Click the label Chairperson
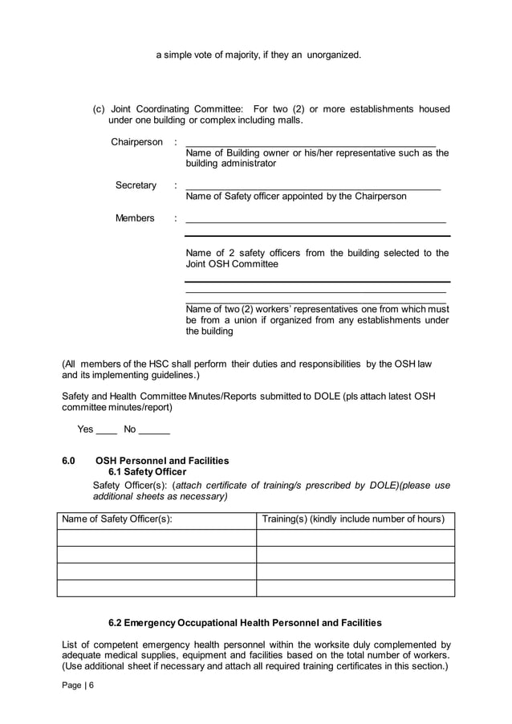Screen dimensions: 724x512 coord(136,143)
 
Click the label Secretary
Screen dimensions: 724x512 coord(136,185)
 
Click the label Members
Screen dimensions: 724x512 coord(135,218)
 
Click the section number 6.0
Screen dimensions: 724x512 coord(68,461)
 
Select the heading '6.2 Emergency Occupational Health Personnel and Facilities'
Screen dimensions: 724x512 coord(245,623)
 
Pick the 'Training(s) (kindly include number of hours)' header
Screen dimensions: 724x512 coord(353,519)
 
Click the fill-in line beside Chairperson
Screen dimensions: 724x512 coord(310,144)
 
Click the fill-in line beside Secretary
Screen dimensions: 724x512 coord(312,187)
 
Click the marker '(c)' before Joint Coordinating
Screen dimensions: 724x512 coord(100,109)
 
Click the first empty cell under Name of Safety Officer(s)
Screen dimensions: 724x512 coord(156,538)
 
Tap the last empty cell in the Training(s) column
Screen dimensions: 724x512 coord(356,588)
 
